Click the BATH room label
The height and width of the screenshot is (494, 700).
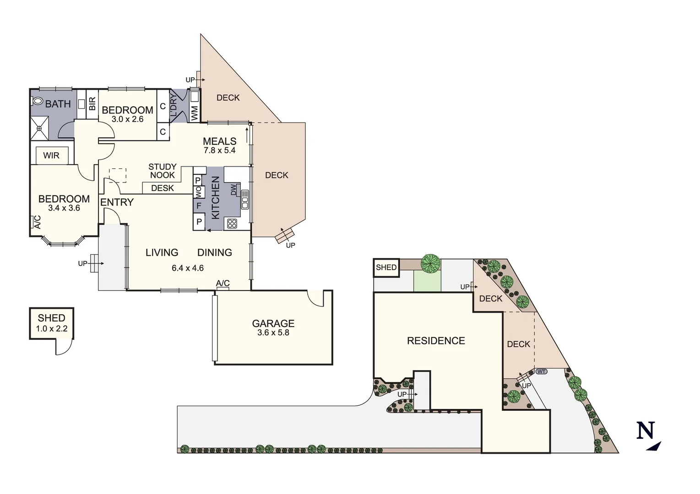point(58,104)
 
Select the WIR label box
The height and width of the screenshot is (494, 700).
point(51,156)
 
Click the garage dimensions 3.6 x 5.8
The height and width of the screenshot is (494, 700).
point(273,333)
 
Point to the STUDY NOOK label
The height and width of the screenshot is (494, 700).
point(163,171)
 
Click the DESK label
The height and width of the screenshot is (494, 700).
point(163,188)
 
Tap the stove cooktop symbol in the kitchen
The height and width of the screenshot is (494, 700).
point(232,223)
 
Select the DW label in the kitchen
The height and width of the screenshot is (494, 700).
point(234,189)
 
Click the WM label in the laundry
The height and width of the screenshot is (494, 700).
point(195,113)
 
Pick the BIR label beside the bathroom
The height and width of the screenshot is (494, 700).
point(92,104)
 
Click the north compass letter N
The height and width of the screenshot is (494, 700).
point(646,431)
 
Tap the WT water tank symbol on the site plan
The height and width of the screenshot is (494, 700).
point(541,371)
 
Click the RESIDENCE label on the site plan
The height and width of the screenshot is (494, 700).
point(436,341)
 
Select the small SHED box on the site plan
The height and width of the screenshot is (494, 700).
point(386,268)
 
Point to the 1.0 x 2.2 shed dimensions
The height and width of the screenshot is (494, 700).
point(52,328)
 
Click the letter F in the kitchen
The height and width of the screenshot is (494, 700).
point(199,206)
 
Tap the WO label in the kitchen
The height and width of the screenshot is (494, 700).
point(199,192)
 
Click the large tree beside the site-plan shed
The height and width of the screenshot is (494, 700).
point(430,263)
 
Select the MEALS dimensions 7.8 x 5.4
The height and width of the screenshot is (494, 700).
point(220,150)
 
